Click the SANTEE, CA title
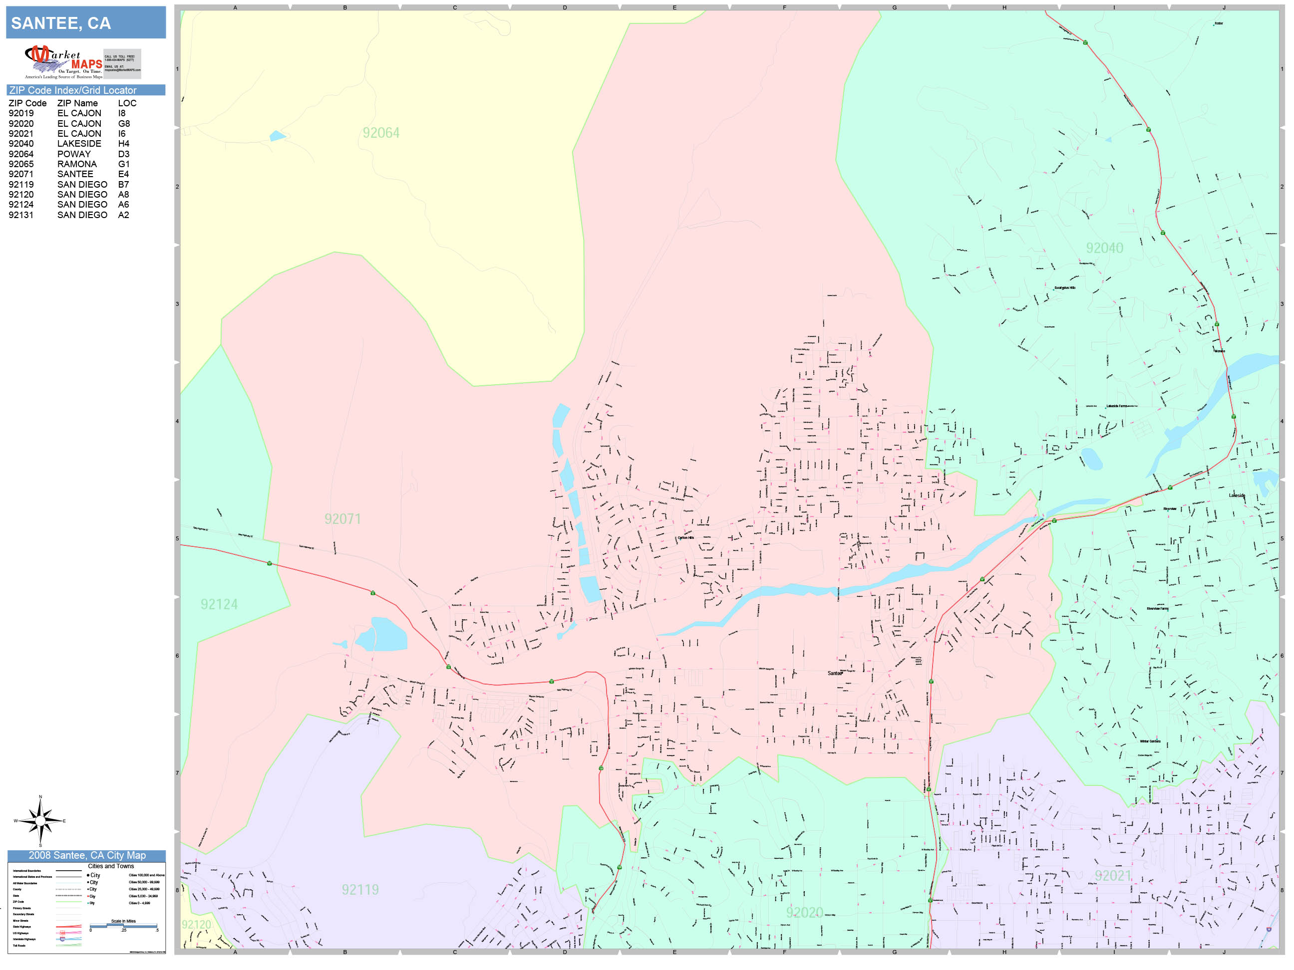click(x=61, y=23)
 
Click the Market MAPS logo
click(x=64, y=62)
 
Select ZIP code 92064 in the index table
click(x=21, y=154)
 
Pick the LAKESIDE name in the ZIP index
click(x=79, y=144)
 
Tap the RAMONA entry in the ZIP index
click(x=77, y=164)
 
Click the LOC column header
click(x=127, y=103)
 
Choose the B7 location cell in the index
click(x=123, y=185)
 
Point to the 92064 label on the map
click(x=381, y=133)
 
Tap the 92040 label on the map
click(x=1104, y=248)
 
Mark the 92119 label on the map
click(x=360, y=890)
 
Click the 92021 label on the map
click(x=1113, y=876)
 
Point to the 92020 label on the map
click(x=804, y=913)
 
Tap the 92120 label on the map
click(x=196, y=925)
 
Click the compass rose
click(x=40, y=821)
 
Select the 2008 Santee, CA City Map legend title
click(x=87, y=855)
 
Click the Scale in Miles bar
click(x=123, y=926)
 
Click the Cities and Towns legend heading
click(x=110, y=866)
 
